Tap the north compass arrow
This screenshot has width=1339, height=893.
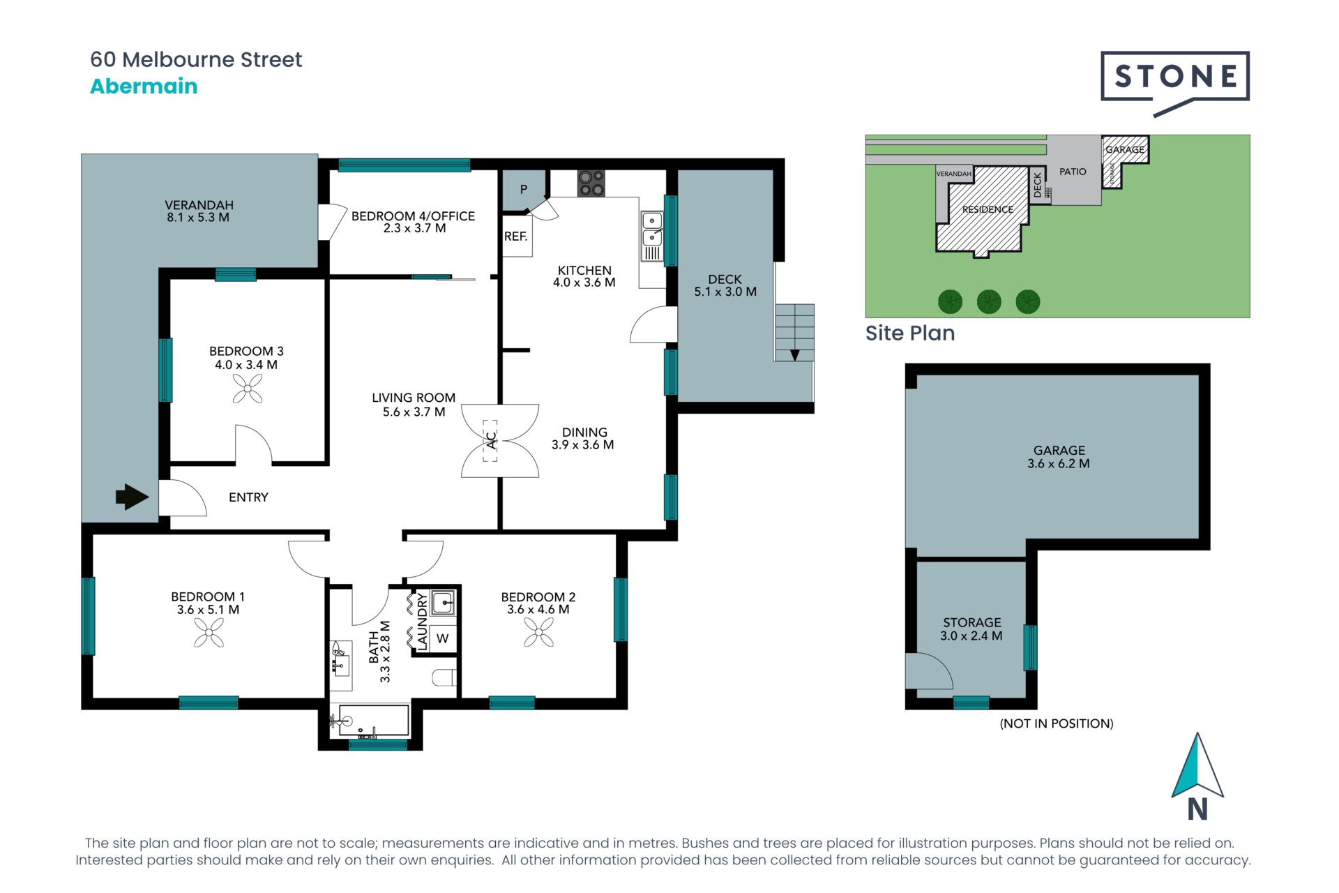(x=1197, y=765)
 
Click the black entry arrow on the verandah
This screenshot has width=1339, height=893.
(x=132, y=497)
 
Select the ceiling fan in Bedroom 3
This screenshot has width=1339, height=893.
(x=248, y=389)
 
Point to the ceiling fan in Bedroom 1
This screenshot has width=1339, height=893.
(x=209, y=633)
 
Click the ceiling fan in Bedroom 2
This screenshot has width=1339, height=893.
(x=539, y=633)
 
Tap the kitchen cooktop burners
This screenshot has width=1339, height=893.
(x=591, y=183)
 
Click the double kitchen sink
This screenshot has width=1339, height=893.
(x=652, y=229)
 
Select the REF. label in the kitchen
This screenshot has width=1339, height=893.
(x=516, y=237)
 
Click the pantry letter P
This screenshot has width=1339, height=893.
(x=524, y=189)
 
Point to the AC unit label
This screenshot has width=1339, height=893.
(x=491, y=440)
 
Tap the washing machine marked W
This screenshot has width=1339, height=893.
(x=442, y=638)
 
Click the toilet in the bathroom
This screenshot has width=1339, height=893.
(x=444, y=677)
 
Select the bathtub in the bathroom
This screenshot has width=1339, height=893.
(x=374, y=721)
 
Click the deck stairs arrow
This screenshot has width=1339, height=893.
(x=794, y=354)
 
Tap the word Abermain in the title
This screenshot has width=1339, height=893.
(x=144, y=86)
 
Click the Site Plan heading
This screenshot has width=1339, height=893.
(x=910, y=333)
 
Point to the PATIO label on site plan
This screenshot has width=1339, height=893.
(x=1073, y=172)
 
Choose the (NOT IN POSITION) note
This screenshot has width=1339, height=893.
(x=1057, y=723)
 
